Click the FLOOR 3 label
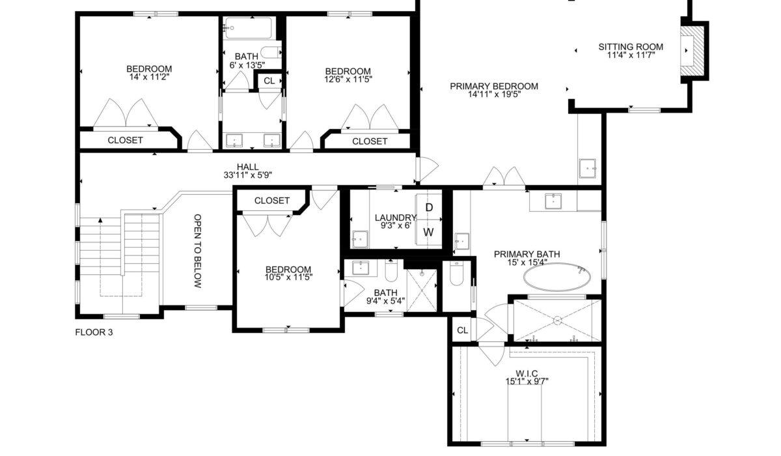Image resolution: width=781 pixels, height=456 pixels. coord(94,332)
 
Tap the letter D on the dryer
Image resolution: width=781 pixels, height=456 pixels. coord(429,208)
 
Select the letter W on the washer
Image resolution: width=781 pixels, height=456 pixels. coord(428,232)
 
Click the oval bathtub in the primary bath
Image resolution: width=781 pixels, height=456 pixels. coord(557,277)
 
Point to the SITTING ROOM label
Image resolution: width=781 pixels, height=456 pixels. coord(631,47)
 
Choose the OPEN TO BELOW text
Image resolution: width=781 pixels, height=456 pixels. coord(198,251)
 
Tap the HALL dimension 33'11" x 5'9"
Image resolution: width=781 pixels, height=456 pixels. coord(247,175)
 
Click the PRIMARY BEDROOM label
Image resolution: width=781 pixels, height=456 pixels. coord(494,86)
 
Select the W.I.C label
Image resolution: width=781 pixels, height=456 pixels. coord(527,374)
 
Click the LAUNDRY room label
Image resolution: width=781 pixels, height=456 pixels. coord(396,218)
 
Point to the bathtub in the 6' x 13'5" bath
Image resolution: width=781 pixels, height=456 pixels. coord(248,27)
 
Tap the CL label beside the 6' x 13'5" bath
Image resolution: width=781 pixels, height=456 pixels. coord(269,81)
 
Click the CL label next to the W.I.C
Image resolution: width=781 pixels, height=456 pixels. coord(462,330)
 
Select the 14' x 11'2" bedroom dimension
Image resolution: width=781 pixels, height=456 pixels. coord(149,77)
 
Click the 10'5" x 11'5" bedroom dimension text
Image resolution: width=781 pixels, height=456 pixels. coord(288,278)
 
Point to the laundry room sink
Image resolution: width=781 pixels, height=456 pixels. coord(360,239)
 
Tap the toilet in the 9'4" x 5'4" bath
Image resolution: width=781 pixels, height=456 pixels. coord(391,271)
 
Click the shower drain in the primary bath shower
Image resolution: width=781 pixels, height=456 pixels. coord(558,321)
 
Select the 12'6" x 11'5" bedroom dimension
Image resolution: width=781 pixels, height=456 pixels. coord(348,79)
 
